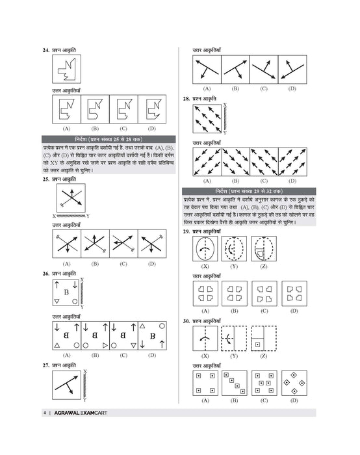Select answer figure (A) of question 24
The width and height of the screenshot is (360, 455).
click(66, 109)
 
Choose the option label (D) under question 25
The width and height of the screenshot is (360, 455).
click(151, 263)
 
